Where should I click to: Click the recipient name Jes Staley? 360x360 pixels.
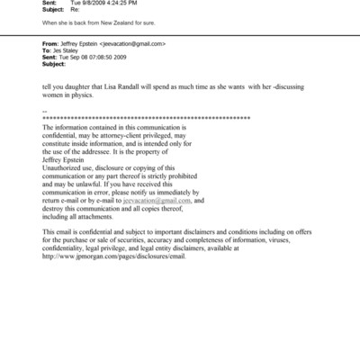pyautogui.click(x=65, y=50)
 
